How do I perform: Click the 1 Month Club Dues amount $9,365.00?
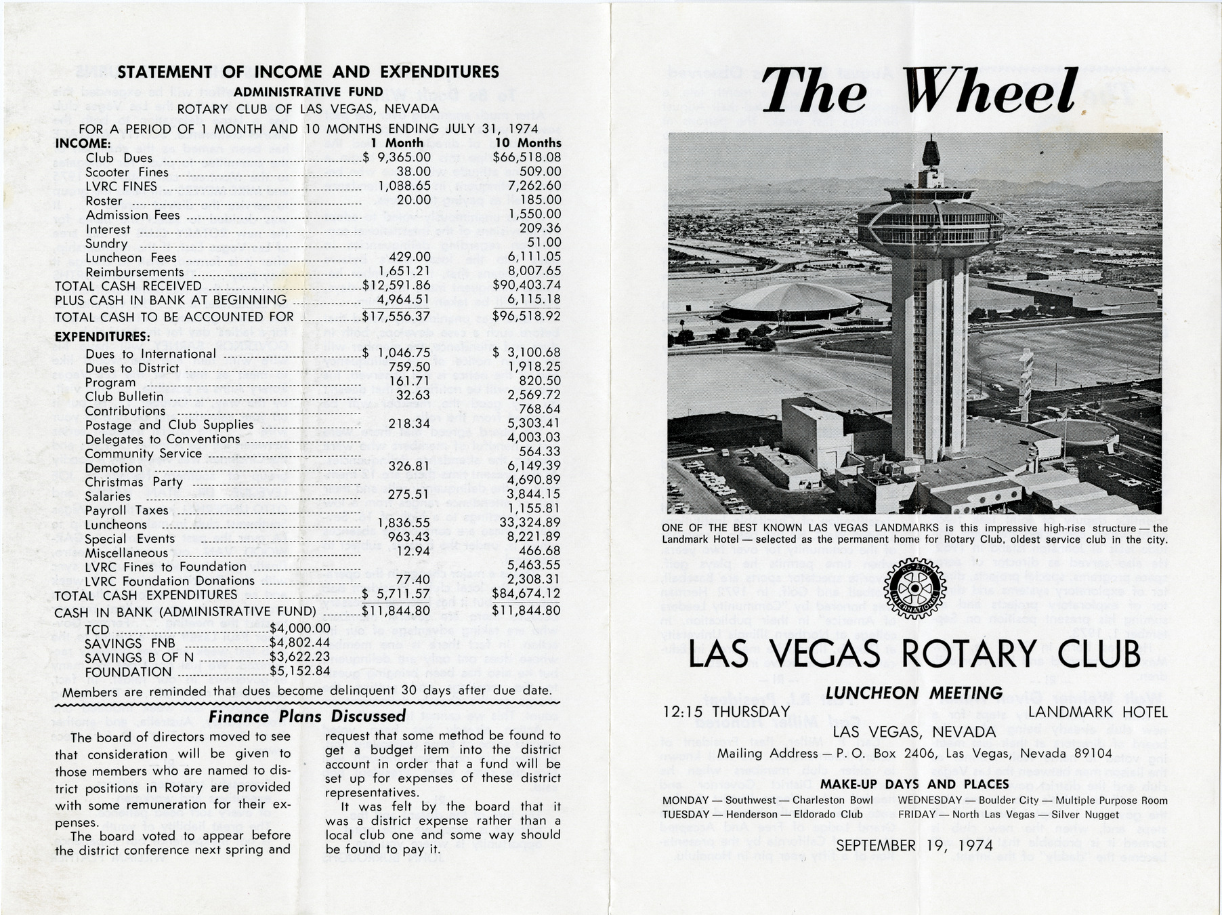(x=397, y=158)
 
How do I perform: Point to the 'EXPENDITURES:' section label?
(x=102, y=337)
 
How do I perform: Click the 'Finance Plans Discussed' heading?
(x=307, y=716)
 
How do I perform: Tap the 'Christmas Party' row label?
(x=133, y=482)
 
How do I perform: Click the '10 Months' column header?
(x=528, y=143)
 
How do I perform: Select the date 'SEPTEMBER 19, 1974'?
(x=914, y=845)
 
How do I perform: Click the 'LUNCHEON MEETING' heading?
(x=914, y=693)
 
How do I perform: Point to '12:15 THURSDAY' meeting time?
(x=726, y=712)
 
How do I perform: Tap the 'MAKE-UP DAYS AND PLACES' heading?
(x=914, y=784)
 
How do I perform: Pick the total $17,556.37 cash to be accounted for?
(x=396, y=317)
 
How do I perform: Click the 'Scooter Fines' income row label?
(x=127, y=172)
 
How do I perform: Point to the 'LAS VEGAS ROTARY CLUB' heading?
(x=914, y=654)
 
